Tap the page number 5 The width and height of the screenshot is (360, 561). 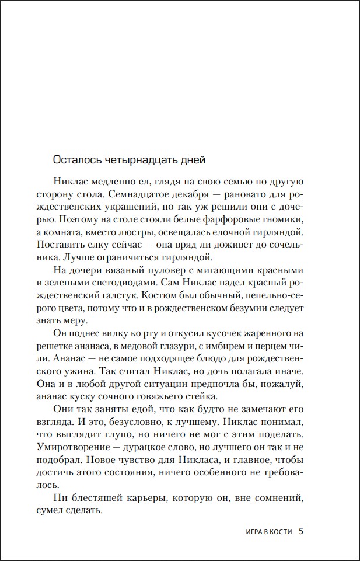[301, 531]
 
